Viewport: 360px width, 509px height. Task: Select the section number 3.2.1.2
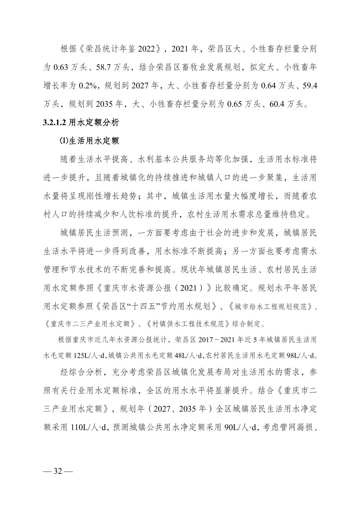pyautogui.click(x=55, y=123)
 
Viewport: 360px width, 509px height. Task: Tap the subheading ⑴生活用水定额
pyautogui.click(x=89, y=141)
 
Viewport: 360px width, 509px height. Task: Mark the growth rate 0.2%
pyautogui.click(x=88, y=86)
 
